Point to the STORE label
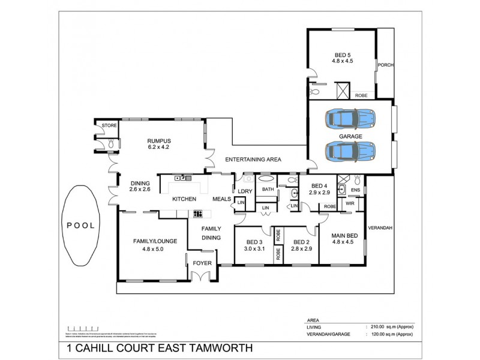109,125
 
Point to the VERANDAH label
380,228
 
